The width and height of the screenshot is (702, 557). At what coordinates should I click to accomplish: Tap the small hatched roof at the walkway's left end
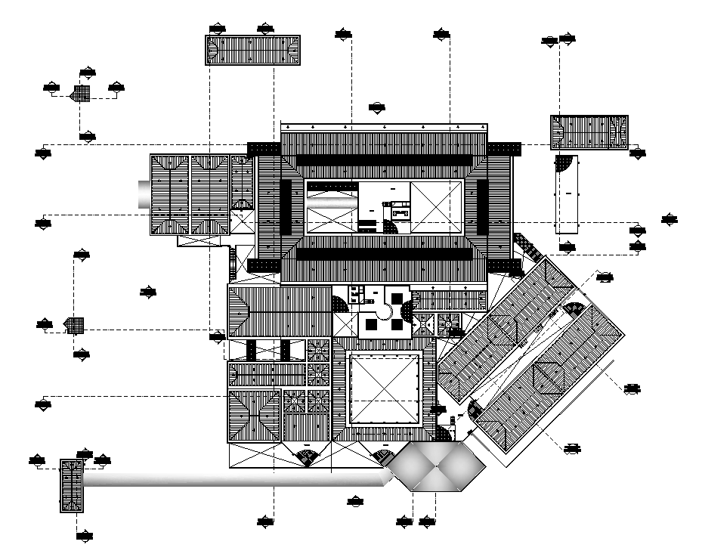point(71,486)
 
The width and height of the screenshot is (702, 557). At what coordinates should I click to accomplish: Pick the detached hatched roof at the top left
point(253,50)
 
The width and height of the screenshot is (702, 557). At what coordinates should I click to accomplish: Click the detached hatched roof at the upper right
point(589,132)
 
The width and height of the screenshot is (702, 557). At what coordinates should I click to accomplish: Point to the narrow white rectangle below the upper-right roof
point(566,194)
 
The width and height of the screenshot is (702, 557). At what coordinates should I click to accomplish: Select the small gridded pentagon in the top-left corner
point(81,94)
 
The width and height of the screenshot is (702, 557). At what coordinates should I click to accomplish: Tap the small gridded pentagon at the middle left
point(74,325)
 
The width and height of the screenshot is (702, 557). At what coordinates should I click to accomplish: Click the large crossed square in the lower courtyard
point(384,391)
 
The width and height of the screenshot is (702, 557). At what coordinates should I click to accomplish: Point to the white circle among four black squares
point(384,311)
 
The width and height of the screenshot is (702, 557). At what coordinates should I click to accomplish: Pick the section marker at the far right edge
point(670,219)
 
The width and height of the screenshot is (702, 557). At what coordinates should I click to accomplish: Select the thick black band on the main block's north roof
point(385,160)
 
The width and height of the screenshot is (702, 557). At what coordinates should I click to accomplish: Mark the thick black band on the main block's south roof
point(385,253)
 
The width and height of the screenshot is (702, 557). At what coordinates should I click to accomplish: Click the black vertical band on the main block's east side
point(481,206)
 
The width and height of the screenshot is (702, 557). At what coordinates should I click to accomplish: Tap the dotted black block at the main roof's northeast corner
point(503,148)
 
